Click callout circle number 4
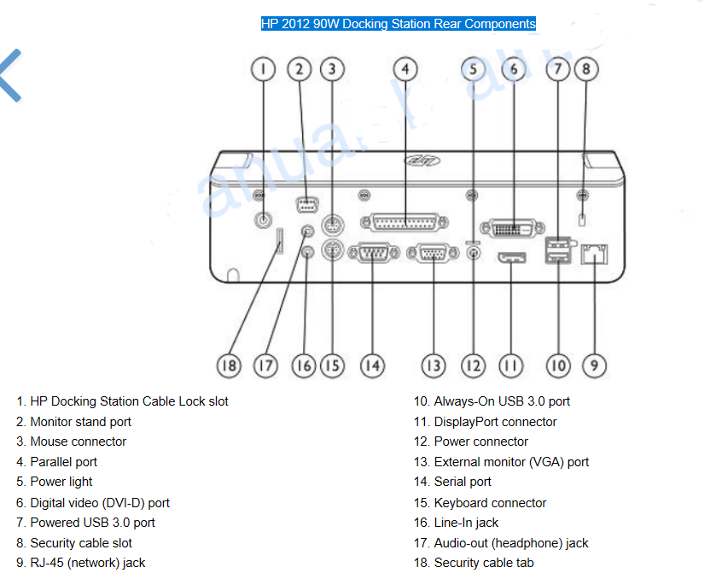point(405,69)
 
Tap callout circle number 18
point(229,366)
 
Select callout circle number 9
point(595,366)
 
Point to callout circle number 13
point(434,366)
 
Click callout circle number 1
point(264,69)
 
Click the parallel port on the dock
point(405,223)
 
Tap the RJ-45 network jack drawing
point(595,254)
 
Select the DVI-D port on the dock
point(513,228)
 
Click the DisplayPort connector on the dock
point(511,258)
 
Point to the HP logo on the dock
point(422,161)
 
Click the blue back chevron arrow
point(10,75)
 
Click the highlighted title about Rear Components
point(399,24)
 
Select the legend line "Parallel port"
point(56,462)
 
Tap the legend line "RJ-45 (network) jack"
point(80,563)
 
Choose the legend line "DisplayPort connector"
point(486,422)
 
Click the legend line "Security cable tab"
point(474,563)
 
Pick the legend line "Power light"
point(55,482)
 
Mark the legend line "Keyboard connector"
point(480,503)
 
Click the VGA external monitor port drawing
point(434,253)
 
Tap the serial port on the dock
point(374,253)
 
